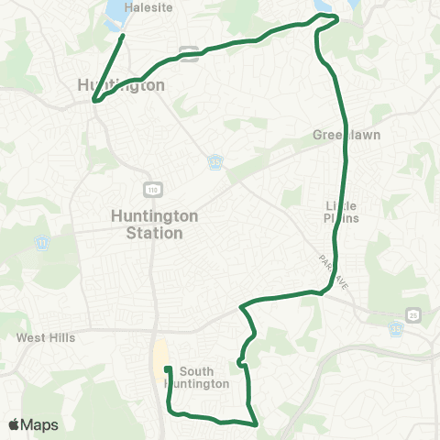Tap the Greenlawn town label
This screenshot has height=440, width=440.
pos(347,135)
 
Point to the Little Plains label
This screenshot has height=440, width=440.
pos(341,212)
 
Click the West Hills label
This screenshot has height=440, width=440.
pos(46,337)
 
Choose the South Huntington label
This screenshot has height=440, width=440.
pos(203,378)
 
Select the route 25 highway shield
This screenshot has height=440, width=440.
pos(414,314)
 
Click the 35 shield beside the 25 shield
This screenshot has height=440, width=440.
pos(397,328)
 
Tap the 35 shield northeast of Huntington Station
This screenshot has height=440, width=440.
pos(214,161)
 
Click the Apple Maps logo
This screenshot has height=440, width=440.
pos(33,424)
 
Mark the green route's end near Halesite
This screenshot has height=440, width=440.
pos(123,37)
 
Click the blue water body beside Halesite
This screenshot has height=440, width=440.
pos(116,12)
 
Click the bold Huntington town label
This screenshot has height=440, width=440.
pos(122,85)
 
